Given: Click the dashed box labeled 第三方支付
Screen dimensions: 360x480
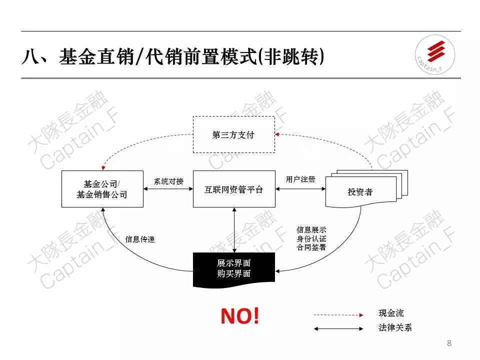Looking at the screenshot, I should (x=233, y=134).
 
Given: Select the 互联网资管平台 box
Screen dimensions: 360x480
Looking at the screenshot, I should (x=233, y=189).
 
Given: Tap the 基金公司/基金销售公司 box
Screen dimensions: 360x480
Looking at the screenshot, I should (x=102, y=189).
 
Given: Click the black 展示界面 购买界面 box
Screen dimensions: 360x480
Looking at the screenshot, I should (x=233, y=269).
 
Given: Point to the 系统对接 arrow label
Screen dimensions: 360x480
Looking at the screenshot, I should (x=168, y=181).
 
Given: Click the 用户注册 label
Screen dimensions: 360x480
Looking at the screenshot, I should (x=300, y=179).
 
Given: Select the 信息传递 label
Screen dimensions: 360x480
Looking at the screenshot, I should (x=140, y=239).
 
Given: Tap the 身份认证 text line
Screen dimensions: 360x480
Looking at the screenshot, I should (x=311, y=238).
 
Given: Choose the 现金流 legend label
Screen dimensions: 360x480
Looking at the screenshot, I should (x=391, y=313).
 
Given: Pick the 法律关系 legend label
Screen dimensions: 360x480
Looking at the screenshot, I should (x=395, y=328).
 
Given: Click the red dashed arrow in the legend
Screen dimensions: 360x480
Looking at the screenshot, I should (x=337, y=315).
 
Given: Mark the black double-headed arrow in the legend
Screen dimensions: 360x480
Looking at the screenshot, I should (x=337, y=329).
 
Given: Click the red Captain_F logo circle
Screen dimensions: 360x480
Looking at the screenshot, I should (x=435, y=54).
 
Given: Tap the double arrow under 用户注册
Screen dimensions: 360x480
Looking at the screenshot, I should (x=300, y=189).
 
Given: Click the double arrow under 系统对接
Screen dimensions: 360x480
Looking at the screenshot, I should (x=168, y=189).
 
